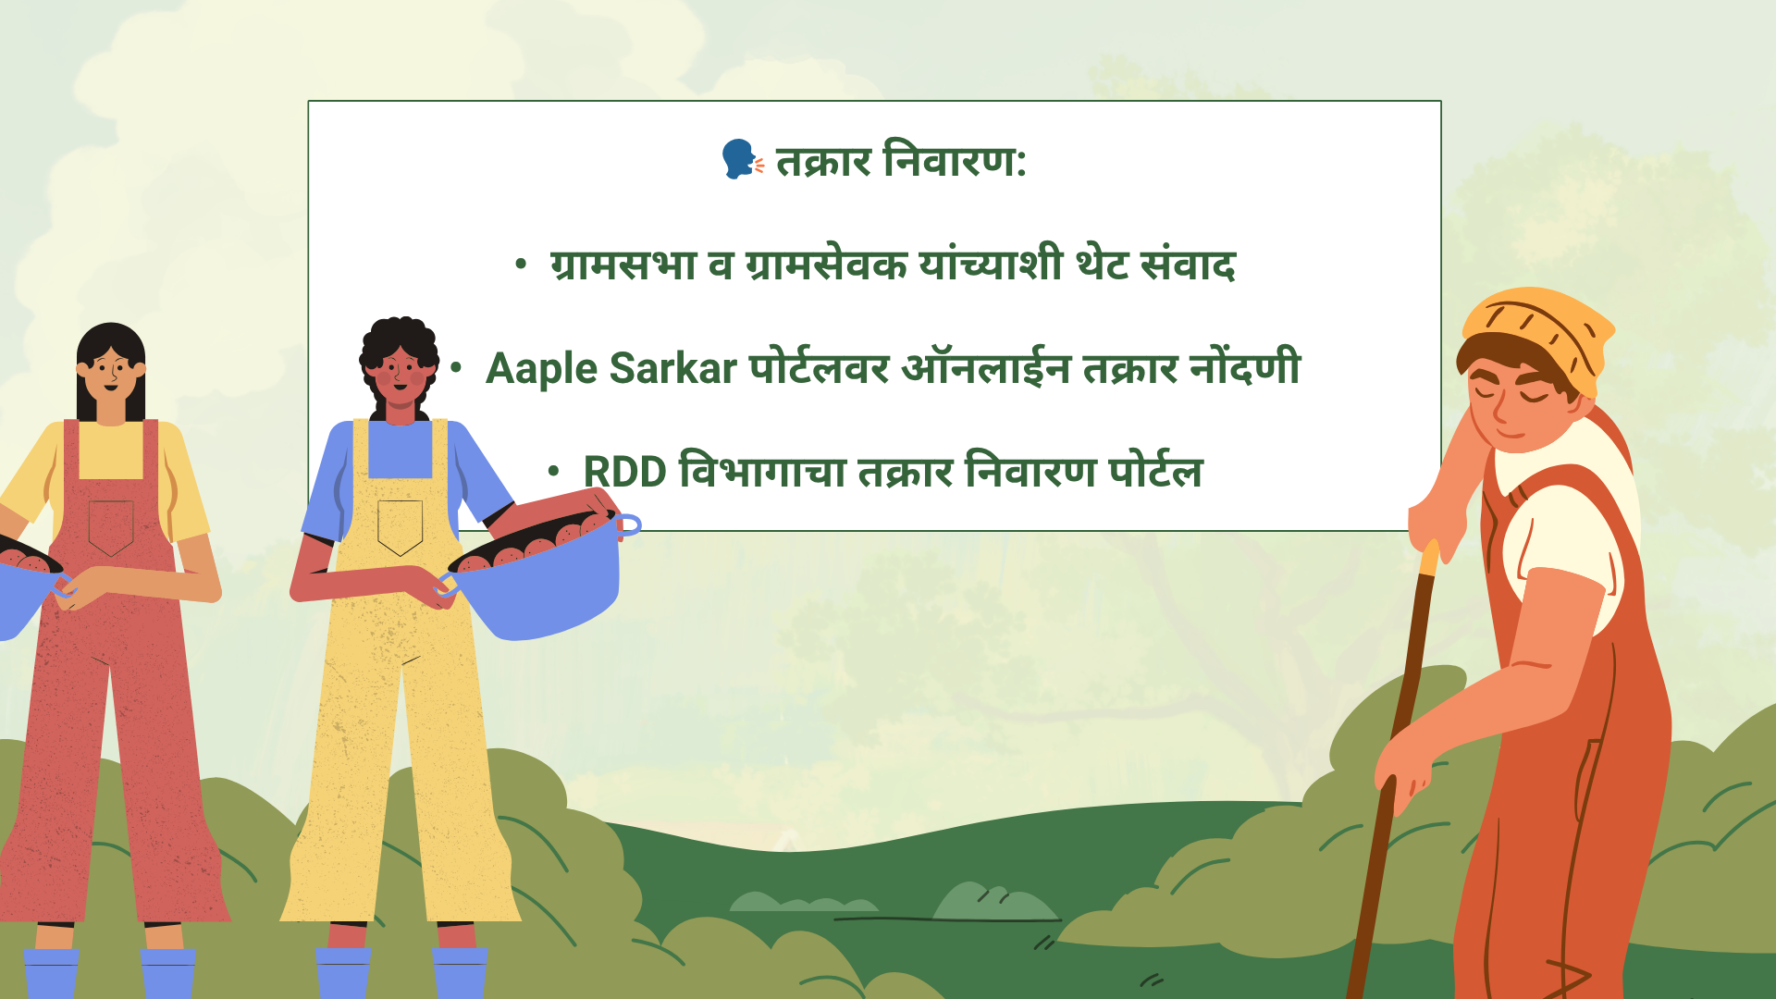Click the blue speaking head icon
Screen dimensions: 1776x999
click(x=742, y=159)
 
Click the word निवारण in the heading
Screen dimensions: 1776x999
click(x=954, y=159)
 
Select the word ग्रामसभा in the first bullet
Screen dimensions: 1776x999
click(x=623, y=265)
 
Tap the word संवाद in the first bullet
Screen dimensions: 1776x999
click(x=1189, y=264)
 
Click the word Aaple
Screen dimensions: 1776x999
click(x=542, y=369)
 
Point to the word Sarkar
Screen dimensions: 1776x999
click(x=673, y=368)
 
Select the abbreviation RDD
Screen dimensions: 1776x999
click(x=624, y=472)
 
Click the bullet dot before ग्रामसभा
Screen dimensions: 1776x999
click(x=521, y=265)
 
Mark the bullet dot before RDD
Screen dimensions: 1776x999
click(x=553, y=472)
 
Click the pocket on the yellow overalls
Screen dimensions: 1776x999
click(x=401, y=527)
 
